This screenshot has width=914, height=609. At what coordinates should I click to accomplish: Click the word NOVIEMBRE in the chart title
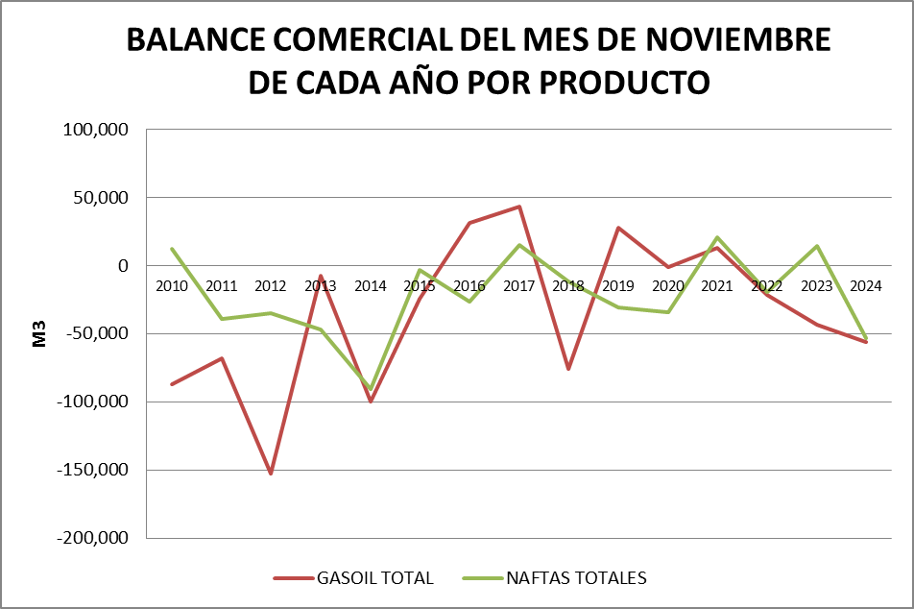click(734, 40)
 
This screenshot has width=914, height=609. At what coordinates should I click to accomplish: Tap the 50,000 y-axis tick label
click(100, 198)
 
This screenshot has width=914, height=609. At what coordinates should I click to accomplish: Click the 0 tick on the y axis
click(123, 266)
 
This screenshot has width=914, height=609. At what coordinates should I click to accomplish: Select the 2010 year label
click(172, 285)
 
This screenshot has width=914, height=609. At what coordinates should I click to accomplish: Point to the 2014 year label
click(370, 285)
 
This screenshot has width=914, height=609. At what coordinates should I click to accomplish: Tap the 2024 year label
click(866, 285)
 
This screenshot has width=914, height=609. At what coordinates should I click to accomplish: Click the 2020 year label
click(667, 285)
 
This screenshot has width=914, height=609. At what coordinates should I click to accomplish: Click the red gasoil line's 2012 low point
click(271, 474)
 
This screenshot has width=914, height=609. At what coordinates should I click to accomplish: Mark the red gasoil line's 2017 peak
click(519, 207)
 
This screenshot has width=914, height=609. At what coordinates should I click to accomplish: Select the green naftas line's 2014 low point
click(371, 389)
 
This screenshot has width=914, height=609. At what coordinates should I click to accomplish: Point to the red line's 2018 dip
click(568, 369)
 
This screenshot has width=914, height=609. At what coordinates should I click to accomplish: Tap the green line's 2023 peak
click(817, 246)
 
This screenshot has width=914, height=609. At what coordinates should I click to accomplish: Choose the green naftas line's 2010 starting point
click(172, 249)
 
